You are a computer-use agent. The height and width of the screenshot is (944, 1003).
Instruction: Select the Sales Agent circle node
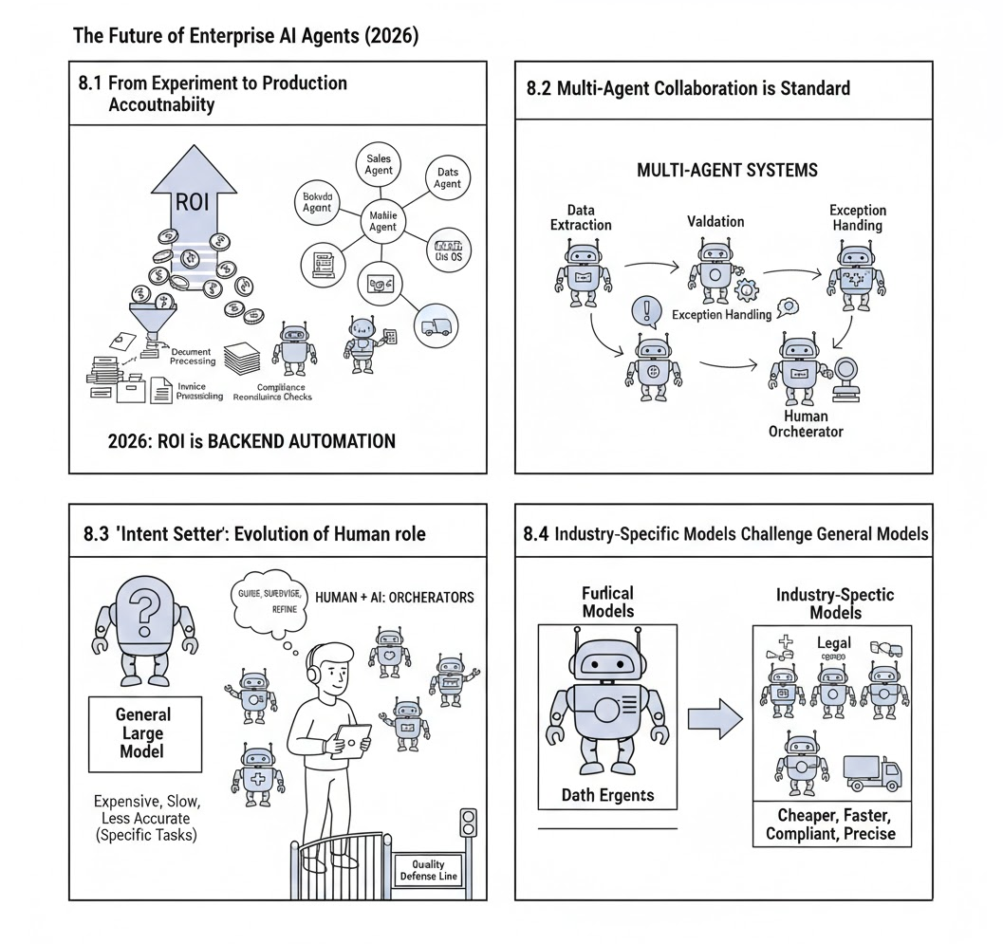(x=379, y=164)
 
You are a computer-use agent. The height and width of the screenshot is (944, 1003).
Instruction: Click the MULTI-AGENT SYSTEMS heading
(x=728, y=171)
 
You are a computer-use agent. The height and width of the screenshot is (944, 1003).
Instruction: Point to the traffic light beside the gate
(x=466, y=822)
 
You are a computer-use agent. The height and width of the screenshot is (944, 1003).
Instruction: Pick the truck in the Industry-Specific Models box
(x=870, y=773)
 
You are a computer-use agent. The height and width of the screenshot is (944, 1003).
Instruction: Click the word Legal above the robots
(x=834, y=643)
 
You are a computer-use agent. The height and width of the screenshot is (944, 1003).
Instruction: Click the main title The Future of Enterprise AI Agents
(x=246, y=36)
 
